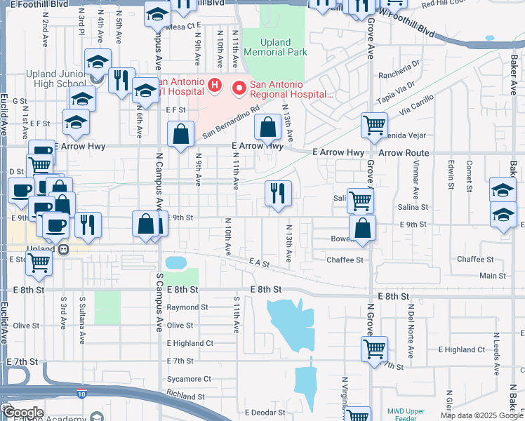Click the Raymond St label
click(187, 307)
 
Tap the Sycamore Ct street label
click(189, 379)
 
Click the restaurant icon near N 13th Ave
click(278, 193)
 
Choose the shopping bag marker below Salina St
click(362, 229)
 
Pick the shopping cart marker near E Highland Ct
click(375, 347)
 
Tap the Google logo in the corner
click(22, 413)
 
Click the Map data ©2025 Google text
click(481, 415)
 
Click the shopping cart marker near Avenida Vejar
click(374, 126)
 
